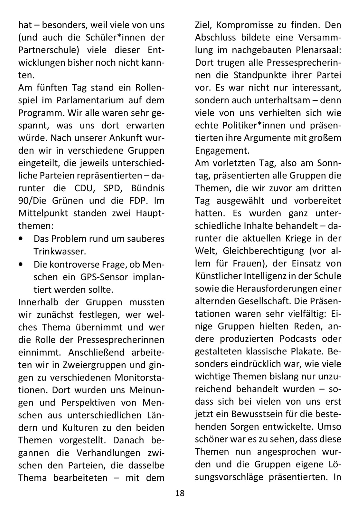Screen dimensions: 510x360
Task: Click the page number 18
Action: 180,493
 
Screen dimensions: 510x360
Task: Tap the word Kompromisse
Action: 243,25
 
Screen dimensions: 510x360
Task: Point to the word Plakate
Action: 307,351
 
